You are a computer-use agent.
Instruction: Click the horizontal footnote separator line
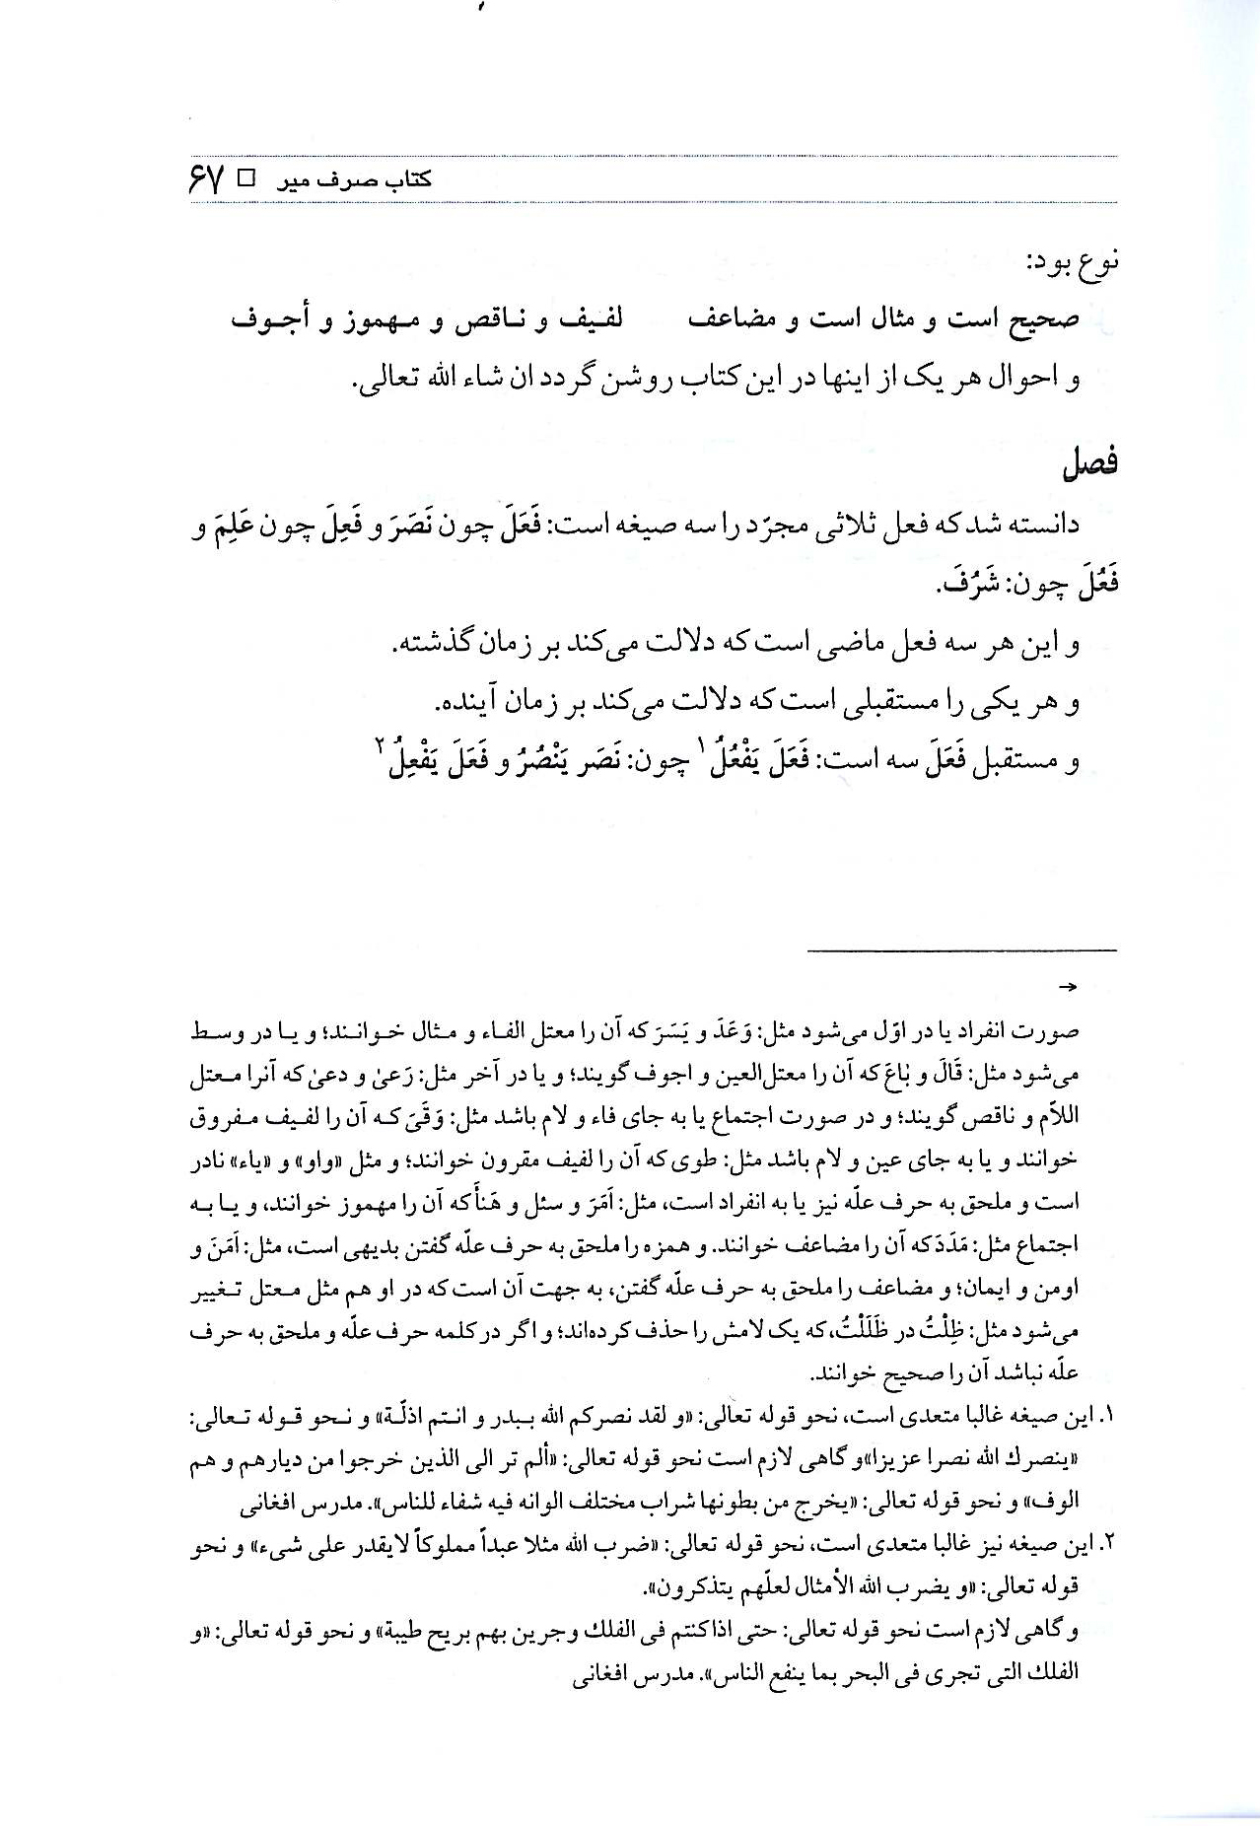coord(962,950)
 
